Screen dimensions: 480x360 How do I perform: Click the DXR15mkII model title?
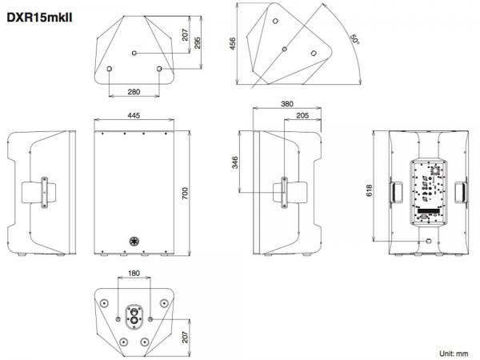pyautogui.click(x=39, y=18)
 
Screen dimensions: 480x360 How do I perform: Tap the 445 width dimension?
pyautogui.click(x=134, y=115)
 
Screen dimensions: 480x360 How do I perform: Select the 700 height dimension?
pyautogui.click(x=185, y=194)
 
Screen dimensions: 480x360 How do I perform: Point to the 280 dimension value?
pyautogui.click(x=134, y=91)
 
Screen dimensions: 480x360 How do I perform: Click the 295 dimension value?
pyautogui.click(x=197, y=43)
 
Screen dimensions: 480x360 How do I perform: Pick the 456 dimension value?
pyautogui.click(x=233, y=44)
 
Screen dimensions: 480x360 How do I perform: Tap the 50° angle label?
pyautogui.click(x=354, y=39)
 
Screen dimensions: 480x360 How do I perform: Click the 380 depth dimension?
pyautogui.click(x=287, y=104)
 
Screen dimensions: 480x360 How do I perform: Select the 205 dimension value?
pyautogui.click(x=302, y=115)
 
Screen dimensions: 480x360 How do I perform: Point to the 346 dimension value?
pyautogui.click(x=234, y=162)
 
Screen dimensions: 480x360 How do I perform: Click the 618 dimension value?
pyautogui.click(x=370, y=190)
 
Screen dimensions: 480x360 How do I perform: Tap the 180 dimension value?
pyautogui.click(x=134, y=273)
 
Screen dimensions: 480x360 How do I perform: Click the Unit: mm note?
pyautogui.click(x=454, y=354)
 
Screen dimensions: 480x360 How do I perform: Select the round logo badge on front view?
pyautogui.click(x=134, y=242)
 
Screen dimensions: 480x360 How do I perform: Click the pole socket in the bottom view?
pyautogui.click(x=134, y=316)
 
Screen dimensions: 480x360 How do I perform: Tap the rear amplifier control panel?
pyautogui.click(x=428, y=193)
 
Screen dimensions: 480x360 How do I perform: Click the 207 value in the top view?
pyautogui.click(x=185, y=35)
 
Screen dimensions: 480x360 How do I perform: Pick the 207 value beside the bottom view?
pyautogui.click(x=185, y=337)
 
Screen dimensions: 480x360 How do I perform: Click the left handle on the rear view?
pyautogui.click(x=396, y=192)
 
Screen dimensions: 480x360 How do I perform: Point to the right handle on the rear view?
pyautogui.click(x=461, y=192)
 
